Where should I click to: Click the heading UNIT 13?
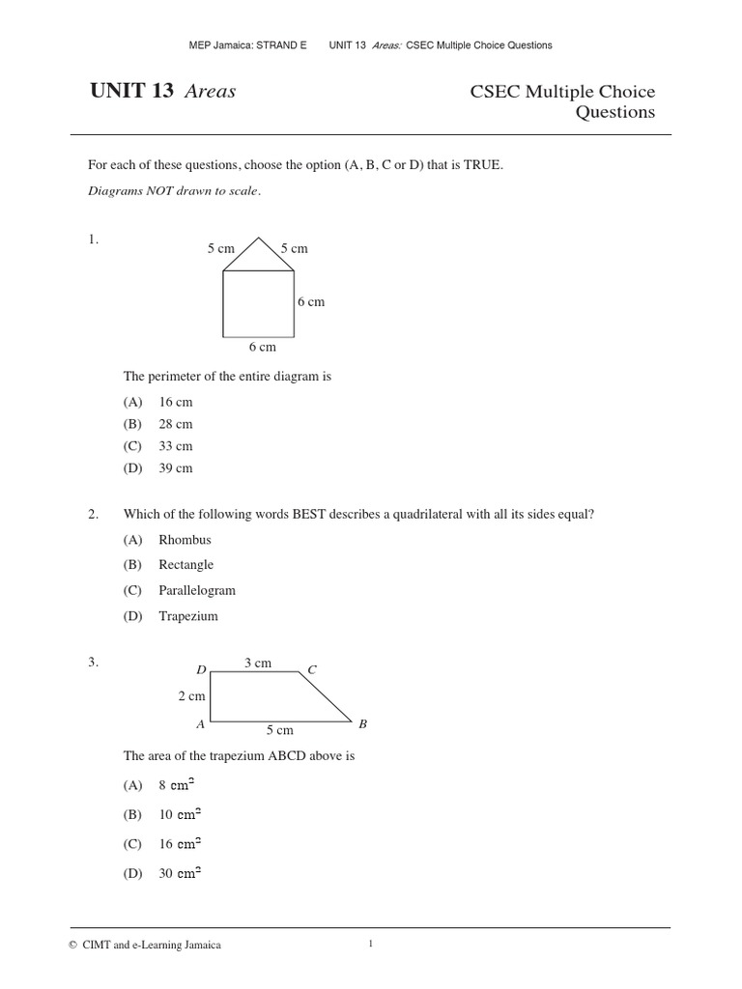click(x=131, y=93)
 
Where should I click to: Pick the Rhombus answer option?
click(x=185, y=540)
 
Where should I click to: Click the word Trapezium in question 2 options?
click(x=188, y=616)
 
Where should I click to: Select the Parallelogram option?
click(x=197, y=590)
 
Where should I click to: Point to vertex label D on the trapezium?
click(x=201, y=669)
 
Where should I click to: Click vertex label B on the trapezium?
click(x=362, y=723)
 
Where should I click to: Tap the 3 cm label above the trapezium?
click(x=257, y=663)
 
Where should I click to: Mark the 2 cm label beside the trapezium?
click(x=191, y=695)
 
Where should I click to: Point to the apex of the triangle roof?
click(x=258, y=237)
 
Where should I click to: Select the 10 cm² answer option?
click(x=180, y=814)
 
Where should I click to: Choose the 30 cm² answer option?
click(x=180, y=873)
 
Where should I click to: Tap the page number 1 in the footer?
click(x=371, y=945)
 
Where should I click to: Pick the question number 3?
click(x=94, y=663)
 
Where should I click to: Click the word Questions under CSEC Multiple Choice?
click(x=615, y=112)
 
